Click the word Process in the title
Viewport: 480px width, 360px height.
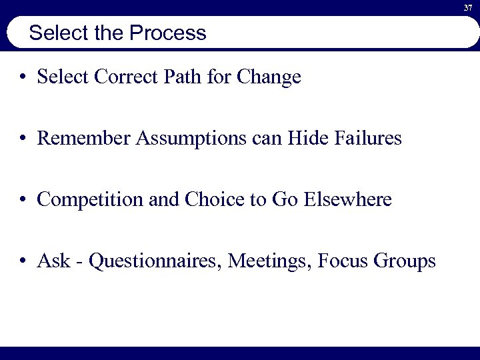coord(171,33)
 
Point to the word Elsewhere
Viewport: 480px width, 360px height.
coord(347,199)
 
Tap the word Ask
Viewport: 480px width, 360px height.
coord(53,260)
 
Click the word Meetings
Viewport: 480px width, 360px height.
coord(270,261)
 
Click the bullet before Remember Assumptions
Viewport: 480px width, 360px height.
coord(23,139)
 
